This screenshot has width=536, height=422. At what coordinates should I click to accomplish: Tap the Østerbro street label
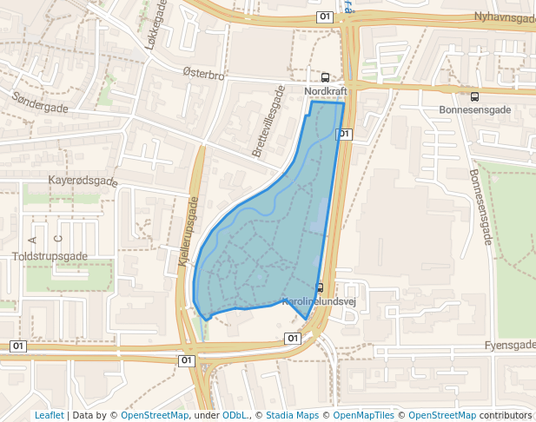click(x=204, y=76)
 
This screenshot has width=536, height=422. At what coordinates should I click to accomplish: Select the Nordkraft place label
click(x=326, y=90)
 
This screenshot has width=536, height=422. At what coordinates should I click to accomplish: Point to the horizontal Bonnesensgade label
click(x=474, y=110)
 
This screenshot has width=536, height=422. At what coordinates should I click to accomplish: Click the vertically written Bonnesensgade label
click(x=480, y=207)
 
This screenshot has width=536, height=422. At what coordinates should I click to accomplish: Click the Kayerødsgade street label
click(x=83, y=181)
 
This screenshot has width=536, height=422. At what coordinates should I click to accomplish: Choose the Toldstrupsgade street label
click(x=50, y=256)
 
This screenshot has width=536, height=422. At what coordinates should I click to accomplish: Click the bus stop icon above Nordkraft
click(x=326, y=76)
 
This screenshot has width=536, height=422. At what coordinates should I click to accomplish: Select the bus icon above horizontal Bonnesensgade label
click(x=474, y=96)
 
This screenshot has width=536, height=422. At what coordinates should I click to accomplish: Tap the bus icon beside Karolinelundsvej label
click(x=320, y=287)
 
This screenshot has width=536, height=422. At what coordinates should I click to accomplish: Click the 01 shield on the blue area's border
click(x=344, y=134)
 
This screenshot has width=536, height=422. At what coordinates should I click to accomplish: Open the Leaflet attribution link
click(x=50, y=415)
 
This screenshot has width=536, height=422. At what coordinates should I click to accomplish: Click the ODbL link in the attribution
click(x=235, y=415)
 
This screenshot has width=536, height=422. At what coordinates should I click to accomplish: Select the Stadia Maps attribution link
click(x=292, y=415)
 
